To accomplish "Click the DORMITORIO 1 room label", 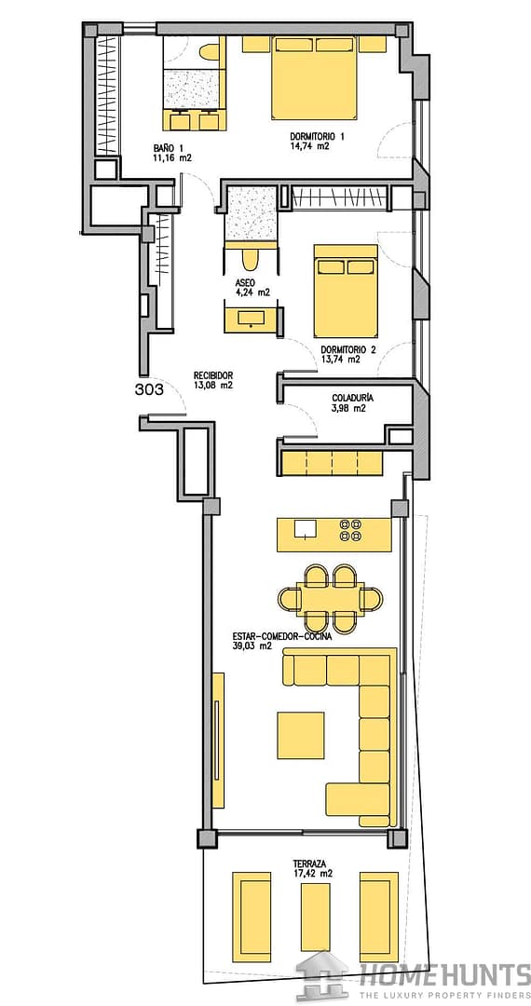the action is (318, 137).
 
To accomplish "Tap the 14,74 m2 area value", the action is (309, 145).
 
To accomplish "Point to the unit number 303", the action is (150, 388).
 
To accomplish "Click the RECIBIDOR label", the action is (213, 376).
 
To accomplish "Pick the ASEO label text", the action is (246, 283).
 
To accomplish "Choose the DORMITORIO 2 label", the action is (348, 350).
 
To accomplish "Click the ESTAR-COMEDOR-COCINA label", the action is (282, 637).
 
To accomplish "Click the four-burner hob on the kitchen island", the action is (351, 529).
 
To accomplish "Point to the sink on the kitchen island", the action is (306, 528).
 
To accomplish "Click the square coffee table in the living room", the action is (301, 736).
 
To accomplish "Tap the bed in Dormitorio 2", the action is (345, 290).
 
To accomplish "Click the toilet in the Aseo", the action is (251, 259).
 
